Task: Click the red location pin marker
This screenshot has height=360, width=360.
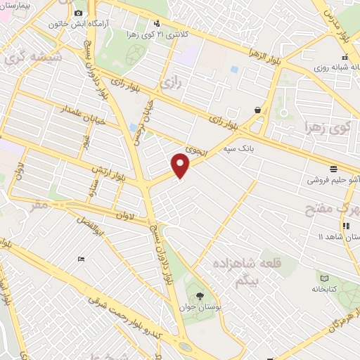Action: pos(181,166)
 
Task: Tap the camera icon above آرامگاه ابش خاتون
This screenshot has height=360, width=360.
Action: pos(77,13)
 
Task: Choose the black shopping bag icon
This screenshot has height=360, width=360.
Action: pos(258,110)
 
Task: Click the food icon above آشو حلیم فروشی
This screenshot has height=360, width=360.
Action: pos(333,169)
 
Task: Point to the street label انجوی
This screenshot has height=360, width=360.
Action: pos(194,147)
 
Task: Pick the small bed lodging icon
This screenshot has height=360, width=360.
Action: pos(82,259)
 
